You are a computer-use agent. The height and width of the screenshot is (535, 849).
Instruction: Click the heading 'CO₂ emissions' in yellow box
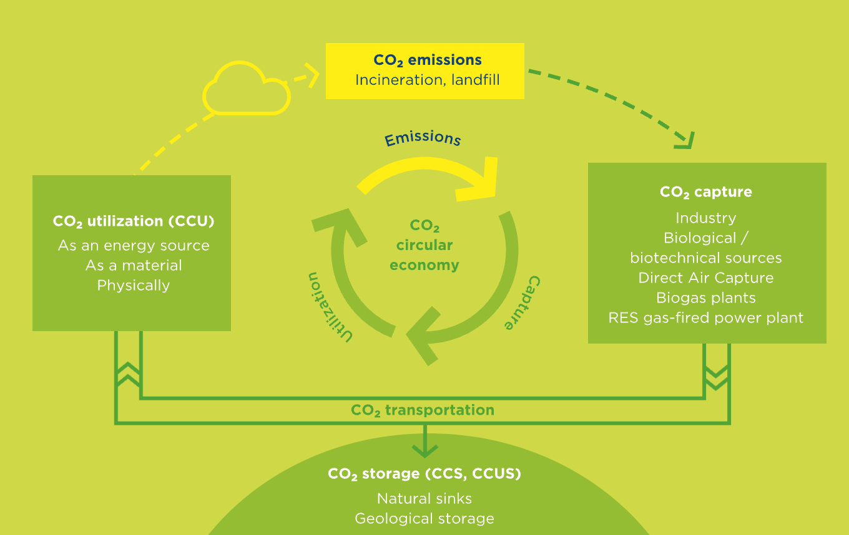[x=427, y=60]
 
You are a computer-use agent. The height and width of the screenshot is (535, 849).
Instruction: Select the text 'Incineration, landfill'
[x=427, y=80]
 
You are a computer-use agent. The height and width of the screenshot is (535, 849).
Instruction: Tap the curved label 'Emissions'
[x=423, y=138]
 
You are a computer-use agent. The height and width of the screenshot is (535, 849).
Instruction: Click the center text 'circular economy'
[x=424, y=255]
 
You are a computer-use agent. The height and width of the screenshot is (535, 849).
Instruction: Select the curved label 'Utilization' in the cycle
[x=329, y=306]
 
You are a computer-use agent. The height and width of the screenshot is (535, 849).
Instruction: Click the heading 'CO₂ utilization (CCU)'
[x=133, y=221]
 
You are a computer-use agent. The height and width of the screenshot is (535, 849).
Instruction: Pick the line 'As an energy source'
[x=133, y=246]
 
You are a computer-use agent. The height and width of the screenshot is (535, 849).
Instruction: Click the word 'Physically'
[x=133, y=286]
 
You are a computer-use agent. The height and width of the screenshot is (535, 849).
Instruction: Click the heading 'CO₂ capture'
[x=705, y=192]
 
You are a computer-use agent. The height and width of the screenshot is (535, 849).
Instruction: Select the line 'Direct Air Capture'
[x=705, y=278]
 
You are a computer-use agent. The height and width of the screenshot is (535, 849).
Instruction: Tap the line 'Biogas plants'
[x=705, y=298]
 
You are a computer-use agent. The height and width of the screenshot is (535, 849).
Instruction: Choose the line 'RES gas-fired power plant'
[x=705, y=318]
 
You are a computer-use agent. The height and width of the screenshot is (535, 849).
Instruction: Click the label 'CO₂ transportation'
[x=422, y=410]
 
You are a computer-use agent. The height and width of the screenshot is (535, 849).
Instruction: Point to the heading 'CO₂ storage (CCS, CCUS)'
[x=424, y=474]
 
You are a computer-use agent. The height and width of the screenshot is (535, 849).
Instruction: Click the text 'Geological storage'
[x=424, y=519]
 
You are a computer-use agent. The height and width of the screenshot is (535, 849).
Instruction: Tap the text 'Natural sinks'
[x=424, y=499]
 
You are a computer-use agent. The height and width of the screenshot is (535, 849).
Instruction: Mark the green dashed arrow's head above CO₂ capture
[x=687, y=140]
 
